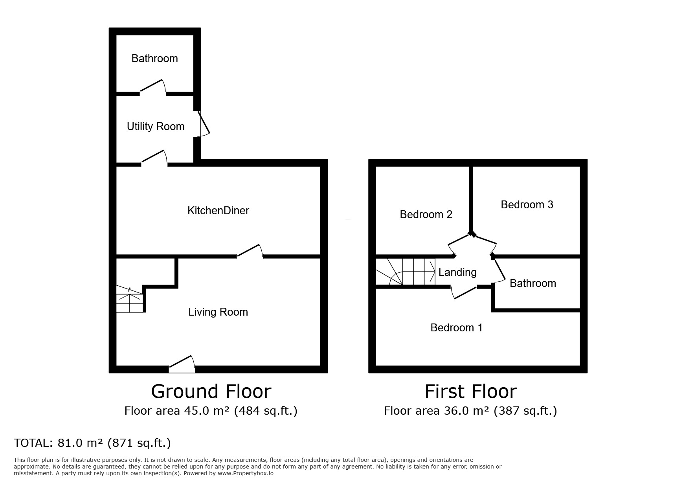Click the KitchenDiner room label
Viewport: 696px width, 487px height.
point(218,211)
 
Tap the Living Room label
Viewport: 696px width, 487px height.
point(218,312)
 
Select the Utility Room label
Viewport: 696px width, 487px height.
point(156,127)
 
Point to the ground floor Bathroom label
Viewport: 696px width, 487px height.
point(154,59)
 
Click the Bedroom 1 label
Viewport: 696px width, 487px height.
point(456,328)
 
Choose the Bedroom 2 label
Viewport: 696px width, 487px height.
point(426,215)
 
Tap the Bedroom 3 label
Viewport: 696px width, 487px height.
point(527,205)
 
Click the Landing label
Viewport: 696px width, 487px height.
point(457,272)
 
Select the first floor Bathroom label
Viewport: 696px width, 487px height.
point(533,283)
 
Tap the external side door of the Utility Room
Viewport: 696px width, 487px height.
point(203,124)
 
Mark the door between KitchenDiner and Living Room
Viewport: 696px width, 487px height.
point(250,251)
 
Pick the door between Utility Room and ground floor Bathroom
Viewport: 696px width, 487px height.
point(152,87)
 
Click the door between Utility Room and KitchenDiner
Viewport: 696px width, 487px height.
point(154,157)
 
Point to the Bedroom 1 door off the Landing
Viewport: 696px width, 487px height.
point(464,292)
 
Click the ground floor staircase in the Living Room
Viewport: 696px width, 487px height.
point(130,299)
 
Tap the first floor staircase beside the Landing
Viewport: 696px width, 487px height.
point(406,272)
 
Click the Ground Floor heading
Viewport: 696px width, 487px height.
point(211,391)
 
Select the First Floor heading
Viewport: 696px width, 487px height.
point(471,391)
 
